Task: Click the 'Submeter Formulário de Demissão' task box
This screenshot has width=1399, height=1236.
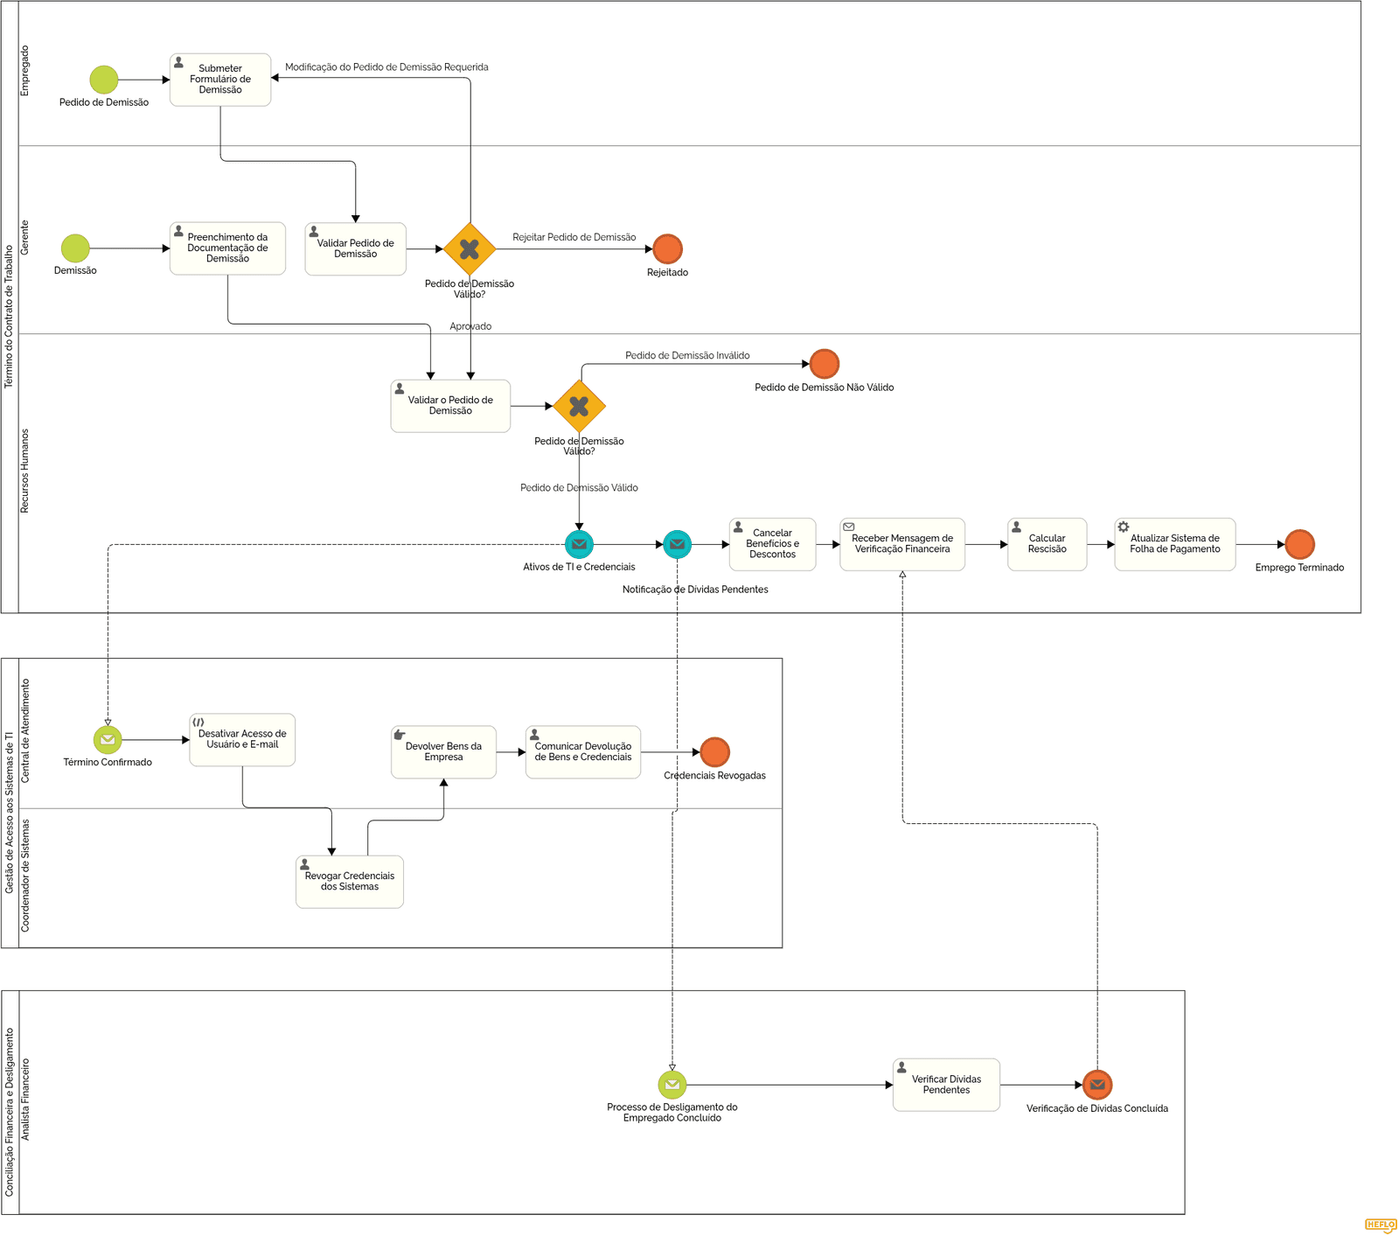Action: click(x=220, y=80)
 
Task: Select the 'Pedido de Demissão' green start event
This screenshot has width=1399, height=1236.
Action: click(x=103, y=80)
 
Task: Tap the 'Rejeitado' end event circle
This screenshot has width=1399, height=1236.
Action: click(x=667, y=249)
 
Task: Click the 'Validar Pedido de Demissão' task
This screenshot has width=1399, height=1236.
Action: click(x=355, y=249)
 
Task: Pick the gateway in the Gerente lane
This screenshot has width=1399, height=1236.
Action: click(x=470, y=249)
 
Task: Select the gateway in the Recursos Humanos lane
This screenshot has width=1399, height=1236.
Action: click(x=579, y=406)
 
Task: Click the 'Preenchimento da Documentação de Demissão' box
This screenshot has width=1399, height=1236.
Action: click(x=227, y=248)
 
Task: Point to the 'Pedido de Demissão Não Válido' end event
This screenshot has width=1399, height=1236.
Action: click(x=824, y=364)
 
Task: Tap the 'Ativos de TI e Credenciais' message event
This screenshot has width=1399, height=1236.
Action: click(x=579, y=544)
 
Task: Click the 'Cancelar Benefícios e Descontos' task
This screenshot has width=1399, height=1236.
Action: click(x=772, y=544)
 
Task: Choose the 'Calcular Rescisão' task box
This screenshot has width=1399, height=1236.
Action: click(x=1047, y=544)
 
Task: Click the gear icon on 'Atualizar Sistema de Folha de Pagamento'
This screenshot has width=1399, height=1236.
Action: click(x=1124, y=527)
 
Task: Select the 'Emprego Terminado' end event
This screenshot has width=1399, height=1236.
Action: click(x=1299, y=544)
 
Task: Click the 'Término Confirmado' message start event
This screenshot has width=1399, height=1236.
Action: click(x=108, y=740)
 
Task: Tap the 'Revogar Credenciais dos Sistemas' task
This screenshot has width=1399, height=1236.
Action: click(x=350, y=882)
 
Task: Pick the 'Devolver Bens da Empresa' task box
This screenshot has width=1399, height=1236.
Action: click(x=443, y=752)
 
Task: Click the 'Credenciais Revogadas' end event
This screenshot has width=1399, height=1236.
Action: click(x=714, y=752)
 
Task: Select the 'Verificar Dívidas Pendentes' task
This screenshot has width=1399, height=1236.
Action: click(x=946, y=1085)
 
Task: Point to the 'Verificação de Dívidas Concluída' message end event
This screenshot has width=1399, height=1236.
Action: click(x=1096, y=1085)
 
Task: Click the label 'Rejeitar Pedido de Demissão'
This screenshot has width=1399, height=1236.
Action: click(x=574, y=237)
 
